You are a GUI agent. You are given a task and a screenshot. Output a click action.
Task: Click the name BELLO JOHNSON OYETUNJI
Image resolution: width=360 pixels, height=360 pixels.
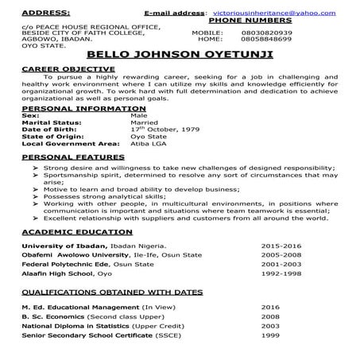[x=179, y=56]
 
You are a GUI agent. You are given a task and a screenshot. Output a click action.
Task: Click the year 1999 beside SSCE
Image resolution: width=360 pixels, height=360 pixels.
[x=270, y=335]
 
